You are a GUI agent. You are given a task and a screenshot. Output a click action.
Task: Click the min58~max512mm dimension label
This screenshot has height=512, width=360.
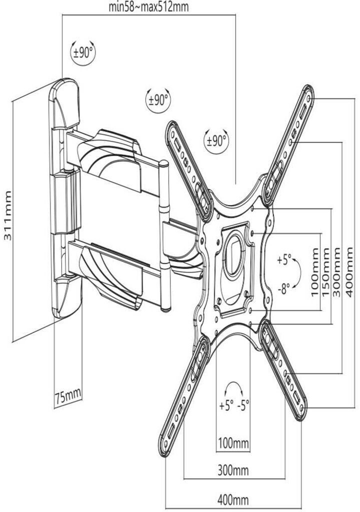click(x=149, y=7)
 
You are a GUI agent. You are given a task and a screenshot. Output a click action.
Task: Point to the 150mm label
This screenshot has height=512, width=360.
click(x=325, y=271)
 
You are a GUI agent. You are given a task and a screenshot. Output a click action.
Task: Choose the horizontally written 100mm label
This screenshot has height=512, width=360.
click(x=233, y=442)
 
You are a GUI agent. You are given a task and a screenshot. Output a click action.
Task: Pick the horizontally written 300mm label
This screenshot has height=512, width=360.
click(x=233, y=470)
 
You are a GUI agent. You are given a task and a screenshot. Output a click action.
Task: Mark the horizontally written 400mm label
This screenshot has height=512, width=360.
click(x=233, y=499)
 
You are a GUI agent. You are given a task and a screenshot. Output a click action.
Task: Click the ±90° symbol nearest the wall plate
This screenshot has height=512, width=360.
click(x=83, y=52)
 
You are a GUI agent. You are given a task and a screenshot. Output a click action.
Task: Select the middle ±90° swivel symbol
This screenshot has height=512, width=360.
click(x=158, y=99)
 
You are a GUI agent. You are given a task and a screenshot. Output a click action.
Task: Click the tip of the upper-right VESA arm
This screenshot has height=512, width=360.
click(x=308, y=93)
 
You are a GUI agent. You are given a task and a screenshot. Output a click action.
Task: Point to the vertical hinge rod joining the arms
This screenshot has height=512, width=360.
click(x=164, y=235)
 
